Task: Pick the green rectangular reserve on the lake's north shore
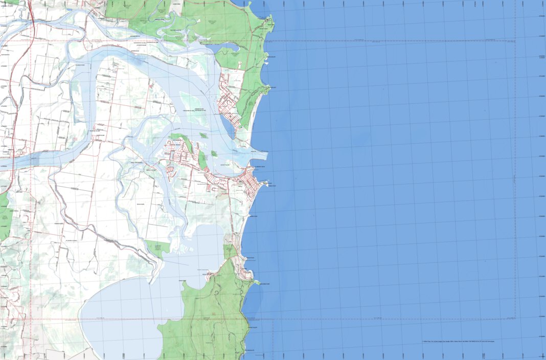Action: (157, 248)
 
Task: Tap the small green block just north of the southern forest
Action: (230, 251)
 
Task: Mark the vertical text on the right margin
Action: (513, 179)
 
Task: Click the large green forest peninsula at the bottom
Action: (210, 317)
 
